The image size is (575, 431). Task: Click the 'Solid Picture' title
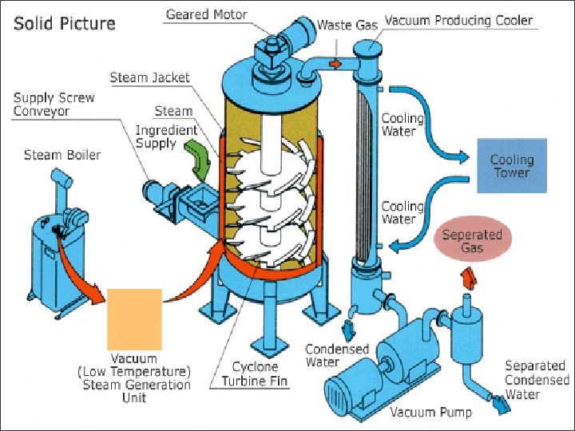[65, 23]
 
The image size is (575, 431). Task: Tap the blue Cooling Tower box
[512, 165]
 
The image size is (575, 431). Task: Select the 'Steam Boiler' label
[62, 154]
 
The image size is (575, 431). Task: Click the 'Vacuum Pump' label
[430, 412]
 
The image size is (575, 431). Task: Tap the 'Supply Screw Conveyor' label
[54, 104]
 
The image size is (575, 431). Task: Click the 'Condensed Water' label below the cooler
[337, 356]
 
